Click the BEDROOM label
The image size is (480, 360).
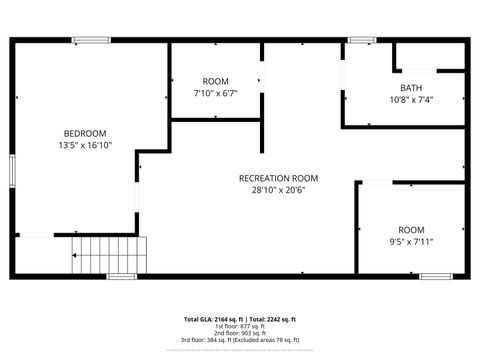coord(85,133)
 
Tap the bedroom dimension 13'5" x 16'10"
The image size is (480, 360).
coord(85,145)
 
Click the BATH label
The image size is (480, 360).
coord(411,87)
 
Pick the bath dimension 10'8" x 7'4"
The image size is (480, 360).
coord(411,99)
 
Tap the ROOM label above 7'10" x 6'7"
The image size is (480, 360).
coord(215,81)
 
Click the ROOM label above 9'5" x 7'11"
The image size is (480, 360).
coord(411,229)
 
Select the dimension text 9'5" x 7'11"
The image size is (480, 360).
coord(411,241)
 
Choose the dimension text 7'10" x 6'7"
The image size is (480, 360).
coord(215,93)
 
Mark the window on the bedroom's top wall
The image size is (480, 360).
coord(91,40)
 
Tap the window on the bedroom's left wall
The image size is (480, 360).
coord(12,170)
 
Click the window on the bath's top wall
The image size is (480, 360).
coord(362,40)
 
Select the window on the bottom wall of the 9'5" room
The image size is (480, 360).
coord(436,275)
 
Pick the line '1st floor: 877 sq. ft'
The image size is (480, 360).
coord(240,327)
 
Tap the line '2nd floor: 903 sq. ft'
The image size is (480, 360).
coord(240,335)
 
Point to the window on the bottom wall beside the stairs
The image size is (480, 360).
coord(121,275)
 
